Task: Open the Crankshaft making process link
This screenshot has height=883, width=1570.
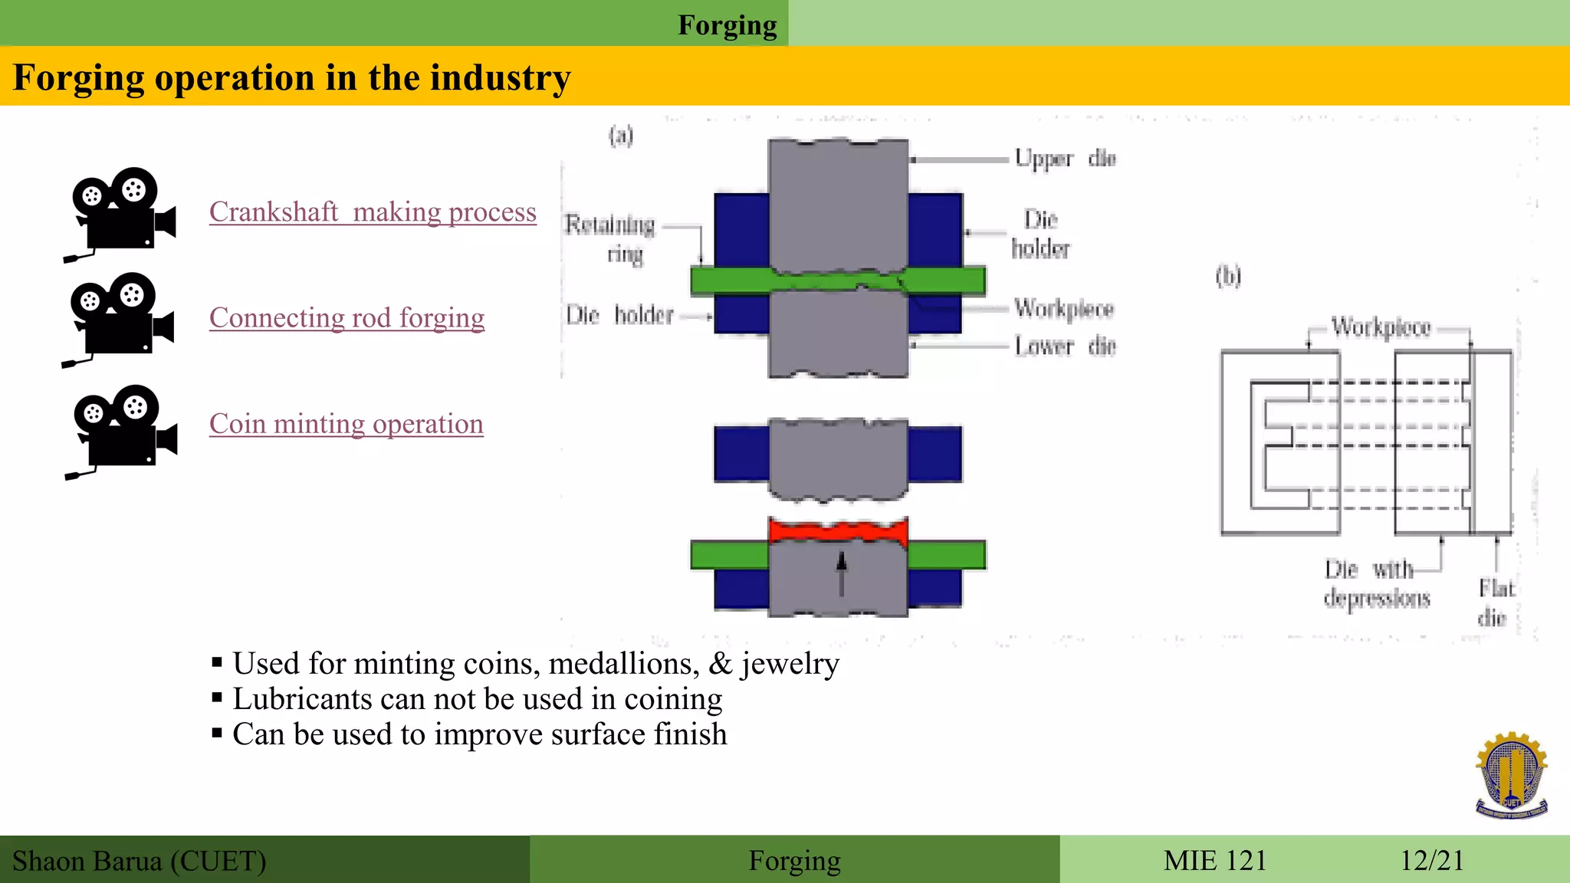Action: (373, 212)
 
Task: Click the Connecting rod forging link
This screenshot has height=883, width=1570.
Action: (347, 317)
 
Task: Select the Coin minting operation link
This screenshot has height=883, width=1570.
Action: (346, 423)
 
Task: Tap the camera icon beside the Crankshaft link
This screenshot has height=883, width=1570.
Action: (120, 213)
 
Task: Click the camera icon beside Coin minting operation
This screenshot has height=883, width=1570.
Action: (122, 431)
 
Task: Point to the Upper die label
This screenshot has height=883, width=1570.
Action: (1065, 158)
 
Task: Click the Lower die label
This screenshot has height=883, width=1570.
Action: (1065, 346)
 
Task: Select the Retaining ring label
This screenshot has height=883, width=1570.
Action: (611, 238)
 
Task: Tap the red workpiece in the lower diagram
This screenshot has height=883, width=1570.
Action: (838, 530)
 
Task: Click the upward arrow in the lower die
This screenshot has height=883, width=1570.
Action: (841, 573)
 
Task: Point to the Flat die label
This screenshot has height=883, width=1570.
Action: (1495, 602)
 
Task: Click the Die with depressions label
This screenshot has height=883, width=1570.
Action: (1376, 583)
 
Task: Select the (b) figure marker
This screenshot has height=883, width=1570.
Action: (1228, 276)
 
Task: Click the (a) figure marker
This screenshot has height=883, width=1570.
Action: (621, 136)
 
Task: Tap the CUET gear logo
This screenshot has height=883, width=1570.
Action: (1511, 775)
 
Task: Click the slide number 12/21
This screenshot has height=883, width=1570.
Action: (1432, 860)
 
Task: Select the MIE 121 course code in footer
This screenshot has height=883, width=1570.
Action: (1214, 860)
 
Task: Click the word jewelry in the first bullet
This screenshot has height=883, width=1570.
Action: (790, 664)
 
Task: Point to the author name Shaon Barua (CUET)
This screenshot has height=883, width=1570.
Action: (140, 861)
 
